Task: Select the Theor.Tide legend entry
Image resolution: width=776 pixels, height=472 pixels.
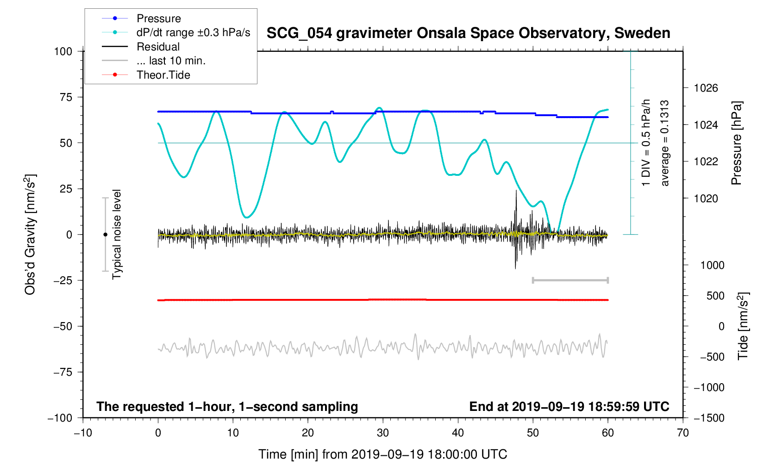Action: point(146,75)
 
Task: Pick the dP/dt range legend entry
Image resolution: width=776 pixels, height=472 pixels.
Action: point(176,32)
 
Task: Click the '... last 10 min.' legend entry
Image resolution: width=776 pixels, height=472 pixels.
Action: point(153,61)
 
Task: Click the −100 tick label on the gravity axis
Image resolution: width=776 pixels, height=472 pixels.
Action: point(60,418)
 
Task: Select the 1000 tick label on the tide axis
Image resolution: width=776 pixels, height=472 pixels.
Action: point(712,265)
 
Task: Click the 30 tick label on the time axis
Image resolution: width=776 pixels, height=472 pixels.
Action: point(383,433)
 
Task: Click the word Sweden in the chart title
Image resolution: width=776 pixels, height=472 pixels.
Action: point(642,33)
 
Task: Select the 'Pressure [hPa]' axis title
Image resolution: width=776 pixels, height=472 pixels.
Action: point(737,143)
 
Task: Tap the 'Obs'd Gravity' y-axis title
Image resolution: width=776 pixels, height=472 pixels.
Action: point(30,255)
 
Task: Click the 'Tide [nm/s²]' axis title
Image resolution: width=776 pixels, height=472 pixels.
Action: point(743,326)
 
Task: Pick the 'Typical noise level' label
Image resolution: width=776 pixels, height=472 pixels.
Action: point(117,235)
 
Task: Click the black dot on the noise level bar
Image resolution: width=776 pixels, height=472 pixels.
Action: point(105,235)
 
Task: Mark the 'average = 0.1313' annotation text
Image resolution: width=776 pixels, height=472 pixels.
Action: point(664,143)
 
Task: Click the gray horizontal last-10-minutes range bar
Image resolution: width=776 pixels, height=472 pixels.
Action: point(570,280)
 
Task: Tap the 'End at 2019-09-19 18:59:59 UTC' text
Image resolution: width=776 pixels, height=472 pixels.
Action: point(569,407)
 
